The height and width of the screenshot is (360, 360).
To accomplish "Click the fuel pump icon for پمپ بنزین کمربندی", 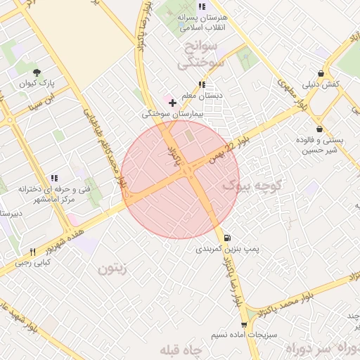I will point(230,237).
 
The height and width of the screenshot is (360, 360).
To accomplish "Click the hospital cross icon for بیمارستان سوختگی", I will point(173,102).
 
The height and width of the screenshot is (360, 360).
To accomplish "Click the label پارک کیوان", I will point(37,83).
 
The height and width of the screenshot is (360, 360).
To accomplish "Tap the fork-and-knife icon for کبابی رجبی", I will point(33,252).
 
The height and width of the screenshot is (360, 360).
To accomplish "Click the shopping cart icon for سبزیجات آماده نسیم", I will point(244,324).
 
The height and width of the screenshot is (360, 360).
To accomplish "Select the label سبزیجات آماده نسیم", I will point(244,336).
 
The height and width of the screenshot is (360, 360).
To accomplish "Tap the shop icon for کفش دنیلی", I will point(321,73).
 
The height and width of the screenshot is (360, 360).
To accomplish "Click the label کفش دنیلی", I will point(321,84).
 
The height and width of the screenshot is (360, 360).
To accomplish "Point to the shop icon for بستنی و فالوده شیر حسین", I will point(321,129).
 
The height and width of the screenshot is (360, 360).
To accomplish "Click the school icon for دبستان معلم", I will point(202,84).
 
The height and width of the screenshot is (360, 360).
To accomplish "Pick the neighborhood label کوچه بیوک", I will point(252,186).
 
